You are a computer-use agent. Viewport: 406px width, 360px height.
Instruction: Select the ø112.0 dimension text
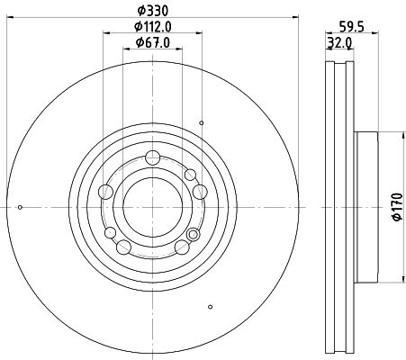click(x=151, y=26)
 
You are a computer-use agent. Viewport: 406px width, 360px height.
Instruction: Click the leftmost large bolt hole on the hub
click(x=106, y=191)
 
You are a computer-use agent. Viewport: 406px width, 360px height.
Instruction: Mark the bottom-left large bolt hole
click(x=124, y=247)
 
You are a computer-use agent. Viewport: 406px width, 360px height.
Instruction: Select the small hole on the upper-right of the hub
click(x=190, y=174)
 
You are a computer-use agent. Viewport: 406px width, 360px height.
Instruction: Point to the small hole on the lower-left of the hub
click(x=112, y=233)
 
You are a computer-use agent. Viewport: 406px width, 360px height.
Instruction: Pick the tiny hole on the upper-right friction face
click(x=202, y=122)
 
